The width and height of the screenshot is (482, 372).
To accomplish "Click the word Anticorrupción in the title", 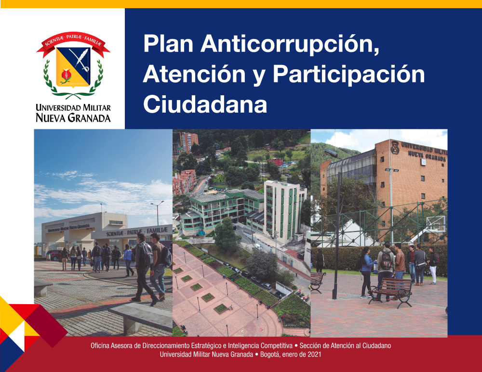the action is [x=290, y=44].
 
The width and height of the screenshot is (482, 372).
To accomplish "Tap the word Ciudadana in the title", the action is [x=205, y=104].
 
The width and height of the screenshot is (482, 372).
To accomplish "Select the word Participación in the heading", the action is [x=348, y=75].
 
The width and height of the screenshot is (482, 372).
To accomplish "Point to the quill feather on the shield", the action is [x=80, y=59].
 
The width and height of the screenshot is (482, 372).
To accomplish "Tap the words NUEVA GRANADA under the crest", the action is [x=73, y=118].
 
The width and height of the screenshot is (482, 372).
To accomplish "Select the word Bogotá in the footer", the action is [x=269, y=355].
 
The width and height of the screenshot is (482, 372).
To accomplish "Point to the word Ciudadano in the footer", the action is [x=376, y=346].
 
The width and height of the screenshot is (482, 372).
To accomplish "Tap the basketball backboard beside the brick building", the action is [x=436, y=223].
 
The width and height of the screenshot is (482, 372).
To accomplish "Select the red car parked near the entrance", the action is [x=54, y=255].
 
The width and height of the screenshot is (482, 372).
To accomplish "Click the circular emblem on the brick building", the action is [x=395, y=147].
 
